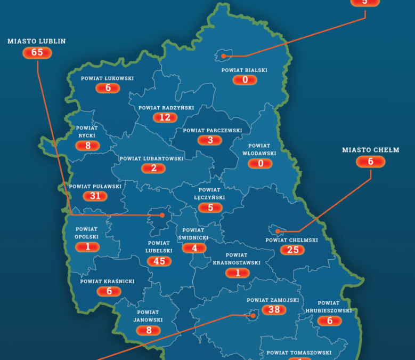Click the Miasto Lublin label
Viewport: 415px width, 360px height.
(x=37, y=41)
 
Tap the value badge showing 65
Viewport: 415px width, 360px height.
(x=37, y=52)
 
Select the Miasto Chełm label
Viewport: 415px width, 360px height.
(x=370, y=150)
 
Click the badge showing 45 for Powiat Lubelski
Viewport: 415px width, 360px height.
(x=159, y=261)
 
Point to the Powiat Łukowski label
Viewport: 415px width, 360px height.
(x=108, y=78)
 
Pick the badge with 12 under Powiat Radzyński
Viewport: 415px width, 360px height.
(x=165, y=117)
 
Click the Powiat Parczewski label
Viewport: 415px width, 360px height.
(x=213, y=130)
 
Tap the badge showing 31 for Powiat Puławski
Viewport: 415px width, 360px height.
(x=95, y=196)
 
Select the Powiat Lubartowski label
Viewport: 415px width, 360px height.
(x=151, y=158)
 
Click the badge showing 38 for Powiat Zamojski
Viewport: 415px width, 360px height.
(x=274, y=310)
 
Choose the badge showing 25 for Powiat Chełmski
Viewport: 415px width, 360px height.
(x=292, y=250)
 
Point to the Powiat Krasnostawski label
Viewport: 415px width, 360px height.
(x=237, y=259)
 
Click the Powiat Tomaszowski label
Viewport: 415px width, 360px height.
(x=299, y=353)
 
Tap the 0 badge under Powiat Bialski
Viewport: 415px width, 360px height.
(x=245, y=80)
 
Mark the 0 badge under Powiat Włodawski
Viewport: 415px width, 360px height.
(x=261, y=163)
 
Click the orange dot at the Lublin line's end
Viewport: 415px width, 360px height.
(x=162, y=215)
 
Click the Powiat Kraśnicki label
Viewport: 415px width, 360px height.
(x=108, y=281)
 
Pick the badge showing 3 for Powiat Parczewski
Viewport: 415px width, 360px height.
(x=210, y=140)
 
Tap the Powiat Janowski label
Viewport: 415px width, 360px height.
(x=148, y=316)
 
